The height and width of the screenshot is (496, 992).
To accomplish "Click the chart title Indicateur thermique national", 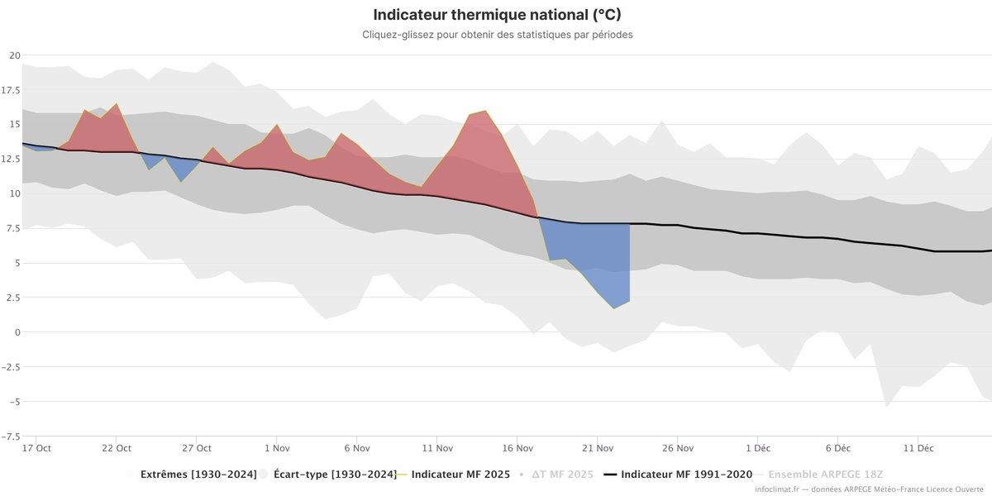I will (x=497, y=15).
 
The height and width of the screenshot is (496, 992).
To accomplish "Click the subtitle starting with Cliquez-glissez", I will (x=497, y=35).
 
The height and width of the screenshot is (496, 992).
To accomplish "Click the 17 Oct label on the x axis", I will (x=37, y=449).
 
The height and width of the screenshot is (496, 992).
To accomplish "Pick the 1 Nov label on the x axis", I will (x=276, y=449).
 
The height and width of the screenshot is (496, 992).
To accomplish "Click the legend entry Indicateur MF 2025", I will (x=460, y=475).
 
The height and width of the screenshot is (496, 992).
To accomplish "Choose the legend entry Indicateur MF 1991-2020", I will (x=686, y=475).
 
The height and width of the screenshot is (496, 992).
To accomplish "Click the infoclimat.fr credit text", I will (x=860, y=490).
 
